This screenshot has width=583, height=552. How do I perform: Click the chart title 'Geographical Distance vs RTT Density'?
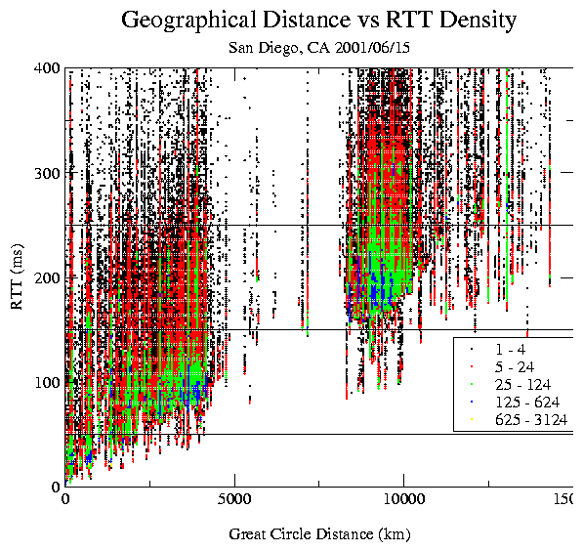(319, 19)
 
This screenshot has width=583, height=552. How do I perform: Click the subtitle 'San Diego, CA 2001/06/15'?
(319, 46)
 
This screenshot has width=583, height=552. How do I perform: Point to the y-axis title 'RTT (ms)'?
(18, 276)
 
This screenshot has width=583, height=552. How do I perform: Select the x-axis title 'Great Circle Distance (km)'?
(319, 534)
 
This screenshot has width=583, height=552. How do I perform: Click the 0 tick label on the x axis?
(65, 500)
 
